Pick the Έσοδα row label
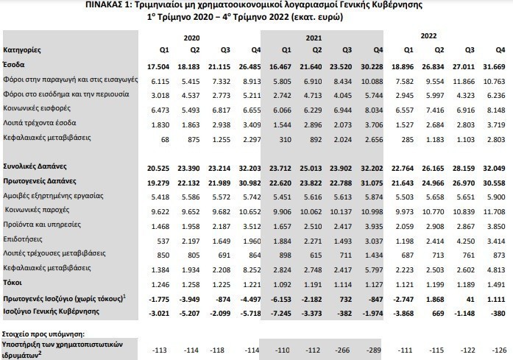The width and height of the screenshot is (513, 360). [x=15, y=65]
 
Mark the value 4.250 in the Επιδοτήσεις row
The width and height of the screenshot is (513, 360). [x=461, y=240]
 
